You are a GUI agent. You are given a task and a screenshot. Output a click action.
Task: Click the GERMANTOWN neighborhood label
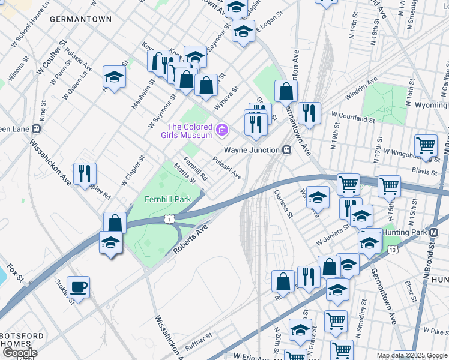coord(80,19)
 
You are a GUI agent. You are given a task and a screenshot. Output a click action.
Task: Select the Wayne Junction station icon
coord(287,150)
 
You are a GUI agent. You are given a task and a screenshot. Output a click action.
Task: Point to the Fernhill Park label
coord(167,199)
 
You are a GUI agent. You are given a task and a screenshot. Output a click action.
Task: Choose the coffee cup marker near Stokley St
coord(78,287)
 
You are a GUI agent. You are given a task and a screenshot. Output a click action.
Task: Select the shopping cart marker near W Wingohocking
coord(426,145)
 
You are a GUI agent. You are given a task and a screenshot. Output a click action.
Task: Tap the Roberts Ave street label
coord(190,239)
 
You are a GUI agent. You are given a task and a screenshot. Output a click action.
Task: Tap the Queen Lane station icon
coord(37,128)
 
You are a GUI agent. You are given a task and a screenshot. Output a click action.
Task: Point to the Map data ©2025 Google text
coord(412,355)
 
